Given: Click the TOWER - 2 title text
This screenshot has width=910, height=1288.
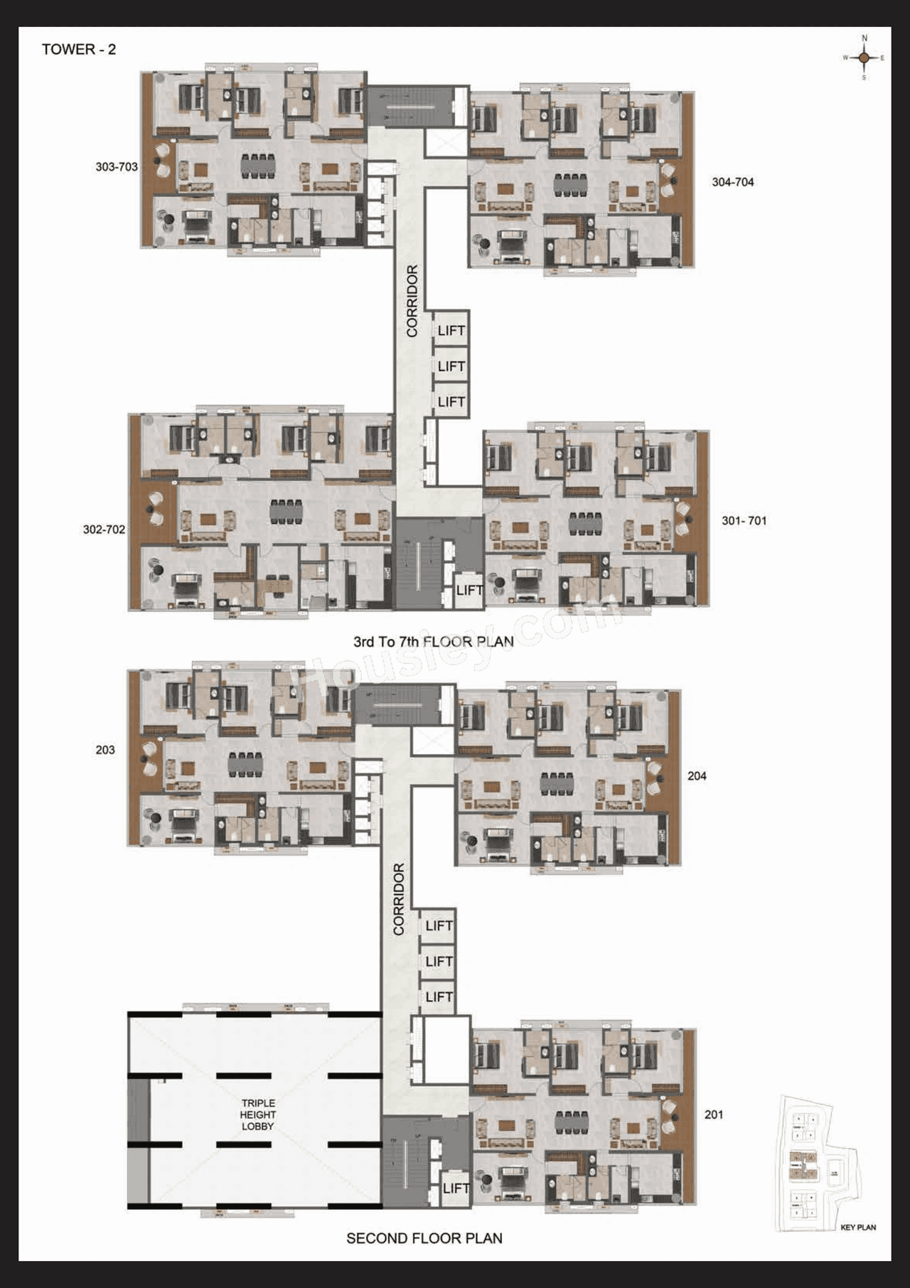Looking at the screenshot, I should coord(78,49).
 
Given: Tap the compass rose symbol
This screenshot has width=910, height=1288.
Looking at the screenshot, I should coord(864,58).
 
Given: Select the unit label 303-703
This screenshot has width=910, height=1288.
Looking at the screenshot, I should coord(117,167).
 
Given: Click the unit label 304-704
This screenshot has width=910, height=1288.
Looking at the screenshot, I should coord(732,182).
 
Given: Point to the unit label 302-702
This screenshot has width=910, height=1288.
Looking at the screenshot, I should coord(104,530).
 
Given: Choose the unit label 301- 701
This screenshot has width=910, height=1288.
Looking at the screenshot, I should coord(744,521).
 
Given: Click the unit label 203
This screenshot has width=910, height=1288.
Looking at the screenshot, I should coord(105,750).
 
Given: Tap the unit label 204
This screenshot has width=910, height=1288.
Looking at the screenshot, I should coord(697,776).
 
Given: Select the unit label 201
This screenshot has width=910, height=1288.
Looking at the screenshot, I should coord(714,1115).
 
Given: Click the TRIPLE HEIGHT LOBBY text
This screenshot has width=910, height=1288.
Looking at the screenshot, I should coord(257,1115).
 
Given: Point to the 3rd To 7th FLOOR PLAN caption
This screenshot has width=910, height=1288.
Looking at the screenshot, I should coord(433,642).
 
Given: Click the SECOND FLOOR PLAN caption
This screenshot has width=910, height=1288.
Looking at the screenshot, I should coord(424,1238).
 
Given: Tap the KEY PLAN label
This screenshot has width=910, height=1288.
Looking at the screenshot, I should coord(857,1227).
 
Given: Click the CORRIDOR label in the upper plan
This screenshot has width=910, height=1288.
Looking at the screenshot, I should coord(412,301).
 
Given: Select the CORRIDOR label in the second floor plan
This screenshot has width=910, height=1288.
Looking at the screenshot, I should coord(399,898).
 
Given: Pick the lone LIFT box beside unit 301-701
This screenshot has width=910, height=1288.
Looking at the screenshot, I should coord(469,590).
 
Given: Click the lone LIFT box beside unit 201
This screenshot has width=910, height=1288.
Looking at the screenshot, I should coord(455,1188).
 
